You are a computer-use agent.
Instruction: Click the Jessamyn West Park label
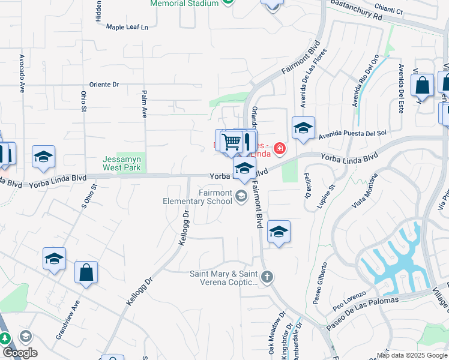pos(121,163)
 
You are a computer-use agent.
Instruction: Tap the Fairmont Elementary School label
pos(197,197)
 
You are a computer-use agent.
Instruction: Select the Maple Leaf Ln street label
pos(127,27)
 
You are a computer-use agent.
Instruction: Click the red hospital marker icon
pos(279,148)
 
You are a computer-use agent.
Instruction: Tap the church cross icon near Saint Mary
pos(267,277)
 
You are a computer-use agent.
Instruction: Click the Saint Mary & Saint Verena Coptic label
pos(223,277)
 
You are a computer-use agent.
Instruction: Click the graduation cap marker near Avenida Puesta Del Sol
pos(303,128)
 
